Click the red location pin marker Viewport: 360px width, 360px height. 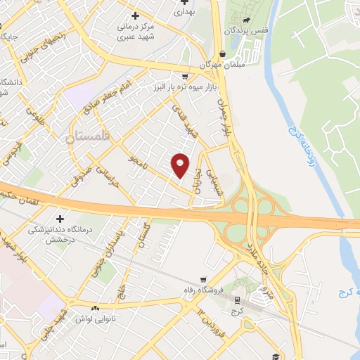coord(181,165)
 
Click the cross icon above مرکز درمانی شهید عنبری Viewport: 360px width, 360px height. coord(135,15)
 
